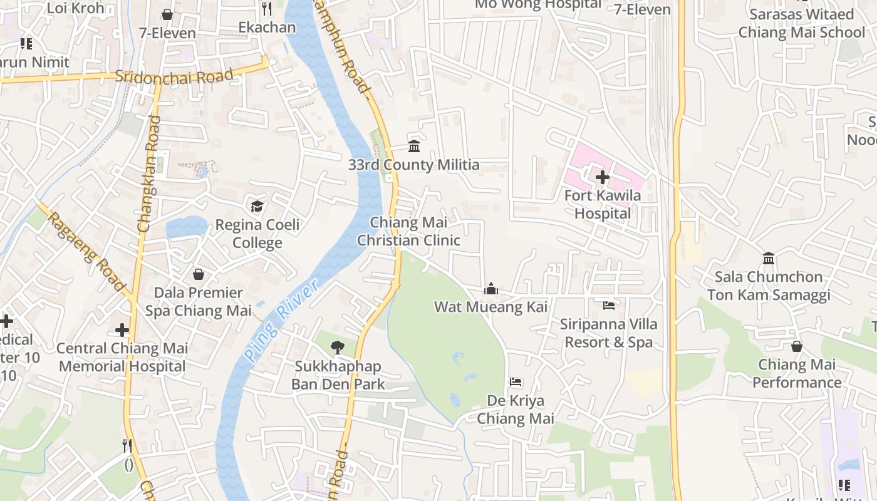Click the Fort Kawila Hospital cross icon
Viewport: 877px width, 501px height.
click(602, 177)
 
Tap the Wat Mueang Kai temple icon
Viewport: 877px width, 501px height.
click(491, 289)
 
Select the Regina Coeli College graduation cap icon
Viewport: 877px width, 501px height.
click(257, 206)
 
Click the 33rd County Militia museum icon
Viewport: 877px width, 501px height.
click(414, 147)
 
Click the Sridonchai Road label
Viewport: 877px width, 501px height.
click(174, 76)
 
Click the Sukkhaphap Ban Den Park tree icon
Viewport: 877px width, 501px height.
click(338, 347)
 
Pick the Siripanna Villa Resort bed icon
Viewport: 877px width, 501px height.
click(609, 306)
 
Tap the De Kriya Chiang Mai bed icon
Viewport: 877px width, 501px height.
click(516, 382)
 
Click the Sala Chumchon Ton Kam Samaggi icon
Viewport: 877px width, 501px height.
click(769, 258)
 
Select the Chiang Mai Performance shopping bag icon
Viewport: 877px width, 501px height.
click(797, 346)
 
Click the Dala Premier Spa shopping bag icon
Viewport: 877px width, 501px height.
click(198, 274)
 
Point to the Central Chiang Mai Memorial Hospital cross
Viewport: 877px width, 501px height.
click(122, 329)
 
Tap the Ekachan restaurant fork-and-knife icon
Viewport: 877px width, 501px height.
click(267, 9)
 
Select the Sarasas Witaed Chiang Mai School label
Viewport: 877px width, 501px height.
click(802, 23)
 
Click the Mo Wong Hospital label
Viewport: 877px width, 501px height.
click(538, 4)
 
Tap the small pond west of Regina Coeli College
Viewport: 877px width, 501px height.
click(187, 226)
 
